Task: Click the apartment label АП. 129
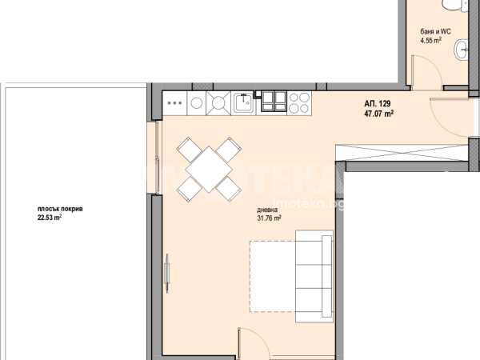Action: click(x=377, y=103)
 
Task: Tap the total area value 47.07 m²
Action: click(x=378, y=114)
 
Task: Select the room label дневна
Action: click(x=267, y=210)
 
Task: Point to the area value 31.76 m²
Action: click(x=269, y=218)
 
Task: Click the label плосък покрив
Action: click(x=60, y=209)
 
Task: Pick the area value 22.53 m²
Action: click(x=50, y=218)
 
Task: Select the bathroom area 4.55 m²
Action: click(x=431, y=40)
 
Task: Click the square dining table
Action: click(x=209, y=170)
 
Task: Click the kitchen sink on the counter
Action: click(x=244, y=103)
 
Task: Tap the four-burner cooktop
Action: click(x=299, y=103)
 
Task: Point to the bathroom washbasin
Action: click(x=462, y=49)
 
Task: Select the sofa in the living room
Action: click(x=314, y=277)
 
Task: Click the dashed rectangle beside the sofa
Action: click(x=273, y=277)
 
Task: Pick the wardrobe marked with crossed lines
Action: click(x=402, y=153)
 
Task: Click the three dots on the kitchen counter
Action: click(x=174, y=103)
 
